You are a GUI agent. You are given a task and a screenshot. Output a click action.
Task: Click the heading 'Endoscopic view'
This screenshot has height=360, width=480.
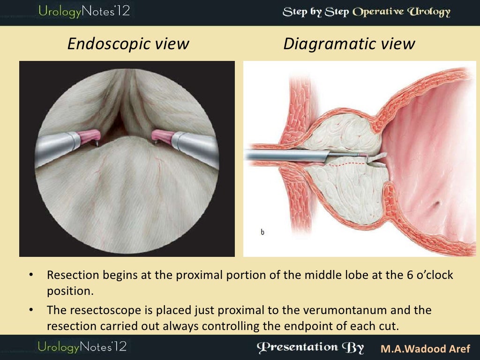tap(128, 44)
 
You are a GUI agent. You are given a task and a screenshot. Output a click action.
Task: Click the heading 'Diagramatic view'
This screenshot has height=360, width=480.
tap(349, 44)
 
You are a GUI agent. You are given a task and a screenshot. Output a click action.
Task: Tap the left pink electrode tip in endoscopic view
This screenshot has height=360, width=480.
tap(90, 136)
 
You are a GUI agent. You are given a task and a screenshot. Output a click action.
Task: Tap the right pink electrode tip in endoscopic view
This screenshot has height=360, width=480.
tap(162, 136)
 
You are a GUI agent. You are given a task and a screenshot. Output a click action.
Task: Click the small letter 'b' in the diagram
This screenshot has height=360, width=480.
tap(262, 232)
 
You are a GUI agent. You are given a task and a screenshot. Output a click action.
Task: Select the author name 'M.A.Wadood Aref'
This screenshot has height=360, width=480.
tap(426, 349)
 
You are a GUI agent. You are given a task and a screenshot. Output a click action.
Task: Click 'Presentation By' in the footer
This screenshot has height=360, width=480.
tap(310, 347)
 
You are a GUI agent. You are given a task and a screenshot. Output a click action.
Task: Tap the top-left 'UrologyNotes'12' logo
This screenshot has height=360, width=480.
tap(84, 11)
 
